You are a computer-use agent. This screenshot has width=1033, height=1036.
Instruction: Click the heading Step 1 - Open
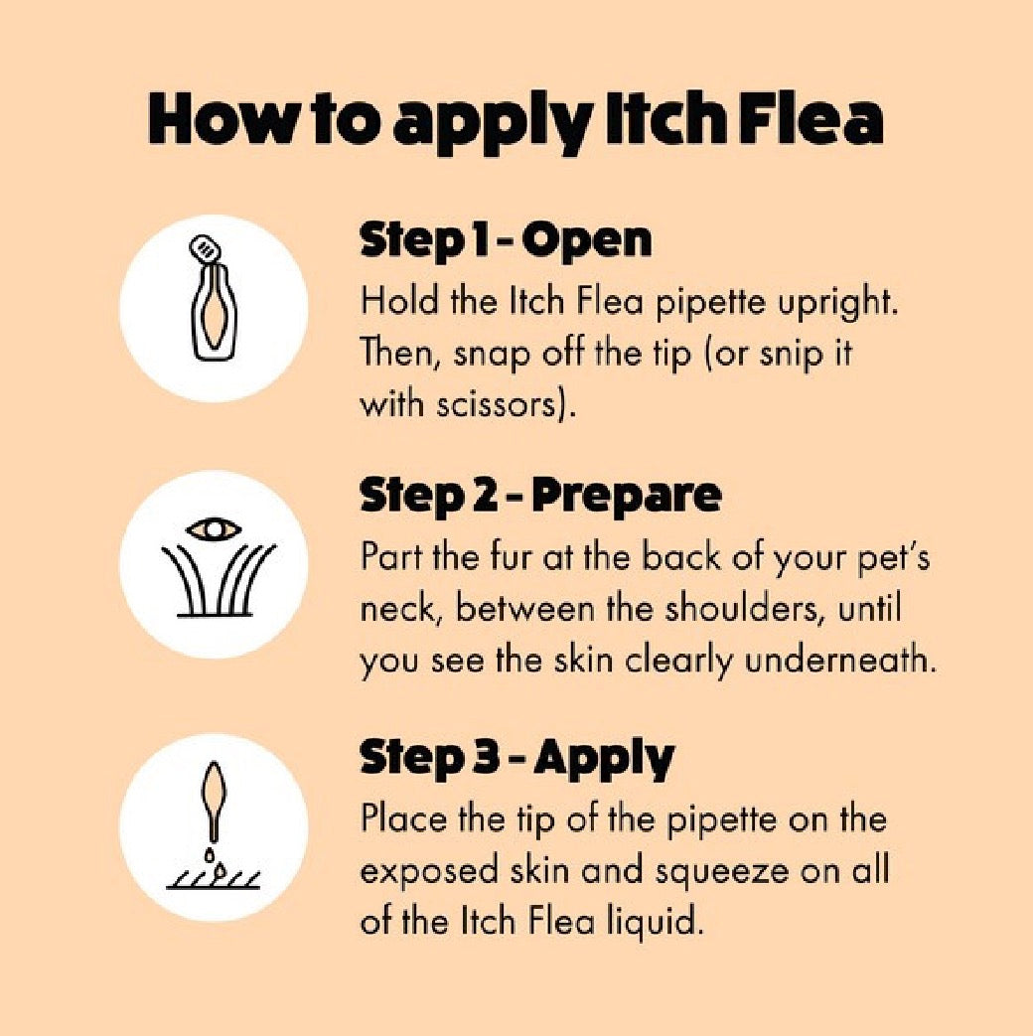pos(506,241)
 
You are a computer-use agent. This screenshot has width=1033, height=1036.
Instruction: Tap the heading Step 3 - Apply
pos(516,759)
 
